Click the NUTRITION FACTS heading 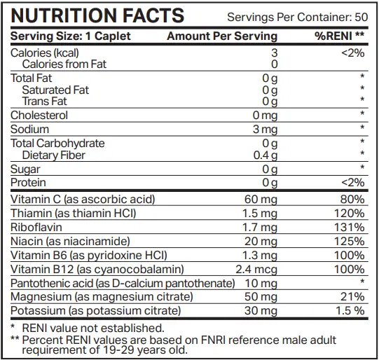click(x=97, y=15)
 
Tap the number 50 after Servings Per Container click(x=361, y=17)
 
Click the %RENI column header click(x=339, y=36)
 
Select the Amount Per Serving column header click(x=222, y=36)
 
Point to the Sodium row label click(x=29, y=130)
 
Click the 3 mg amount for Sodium click(x=265, y=130)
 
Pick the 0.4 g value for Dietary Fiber click(x=266, y=155)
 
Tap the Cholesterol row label click(x=39, y=116)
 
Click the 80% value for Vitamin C click(x=352, y=200)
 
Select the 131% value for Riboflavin click(x=350, y=228)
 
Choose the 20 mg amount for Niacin click(x=261, y=242)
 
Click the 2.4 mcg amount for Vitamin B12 click(x=256, y=270)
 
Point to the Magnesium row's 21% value click(x=352, y=297)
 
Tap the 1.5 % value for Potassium click(x=350, y=311)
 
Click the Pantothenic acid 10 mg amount click(x=261, y=284)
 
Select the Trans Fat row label click(x=44, y=102)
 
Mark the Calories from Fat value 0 click(x=275, y=64)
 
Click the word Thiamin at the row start click(x=32, y=214)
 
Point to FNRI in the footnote click(x=213, y=340)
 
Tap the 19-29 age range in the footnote click(x=118, y=350)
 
